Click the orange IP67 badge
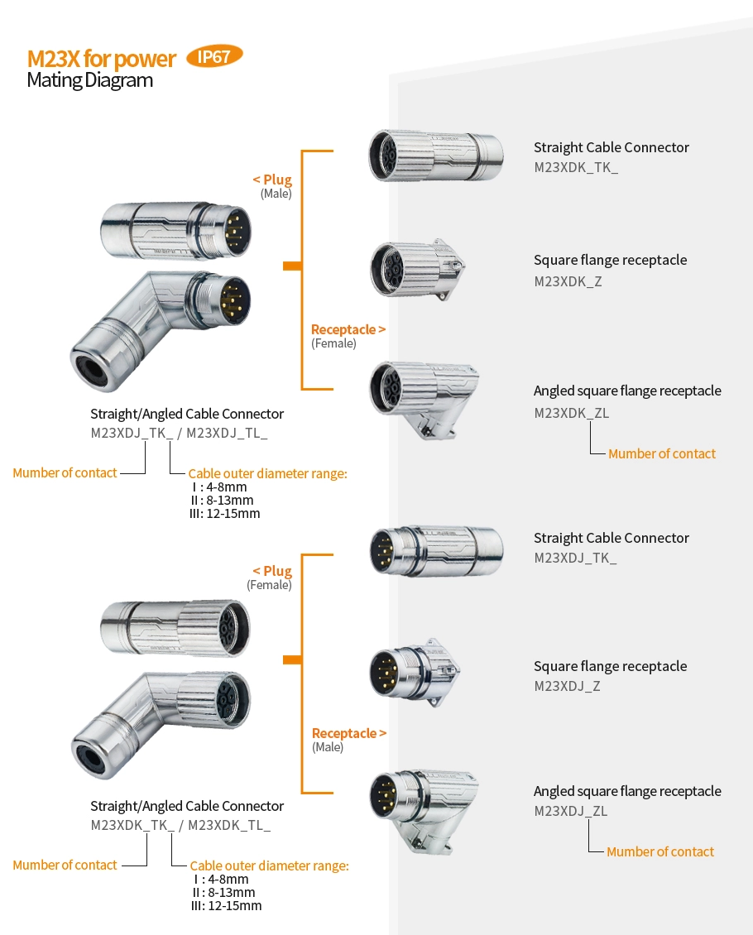214,57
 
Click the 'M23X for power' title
102,60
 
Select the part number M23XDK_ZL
571,413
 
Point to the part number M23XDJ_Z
567,686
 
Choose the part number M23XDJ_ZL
570,811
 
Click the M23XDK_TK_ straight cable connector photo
435,155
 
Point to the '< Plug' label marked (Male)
272,180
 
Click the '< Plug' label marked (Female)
272,571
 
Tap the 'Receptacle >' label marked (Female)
348,329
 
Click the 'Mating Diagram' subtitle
89,80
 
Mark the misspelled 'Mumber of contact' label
65,473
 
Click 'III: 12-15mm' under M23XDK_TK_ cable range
226,905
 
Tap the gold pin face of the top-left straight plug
236,226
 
